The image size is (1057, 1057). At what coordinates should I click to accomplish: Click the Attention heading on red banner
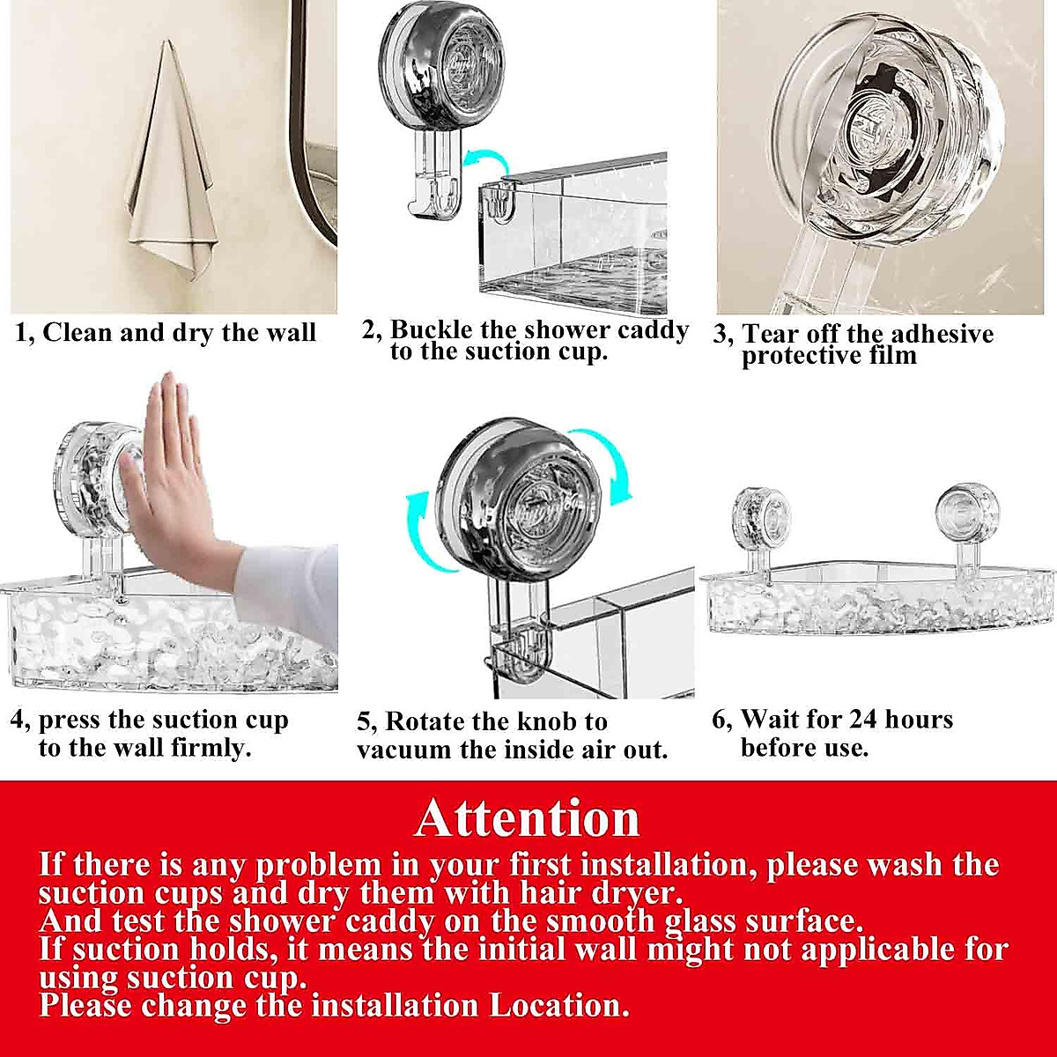coord(528,817)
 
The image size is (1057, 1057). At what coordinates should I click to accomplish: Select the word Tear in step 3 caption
coord(772,335)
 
